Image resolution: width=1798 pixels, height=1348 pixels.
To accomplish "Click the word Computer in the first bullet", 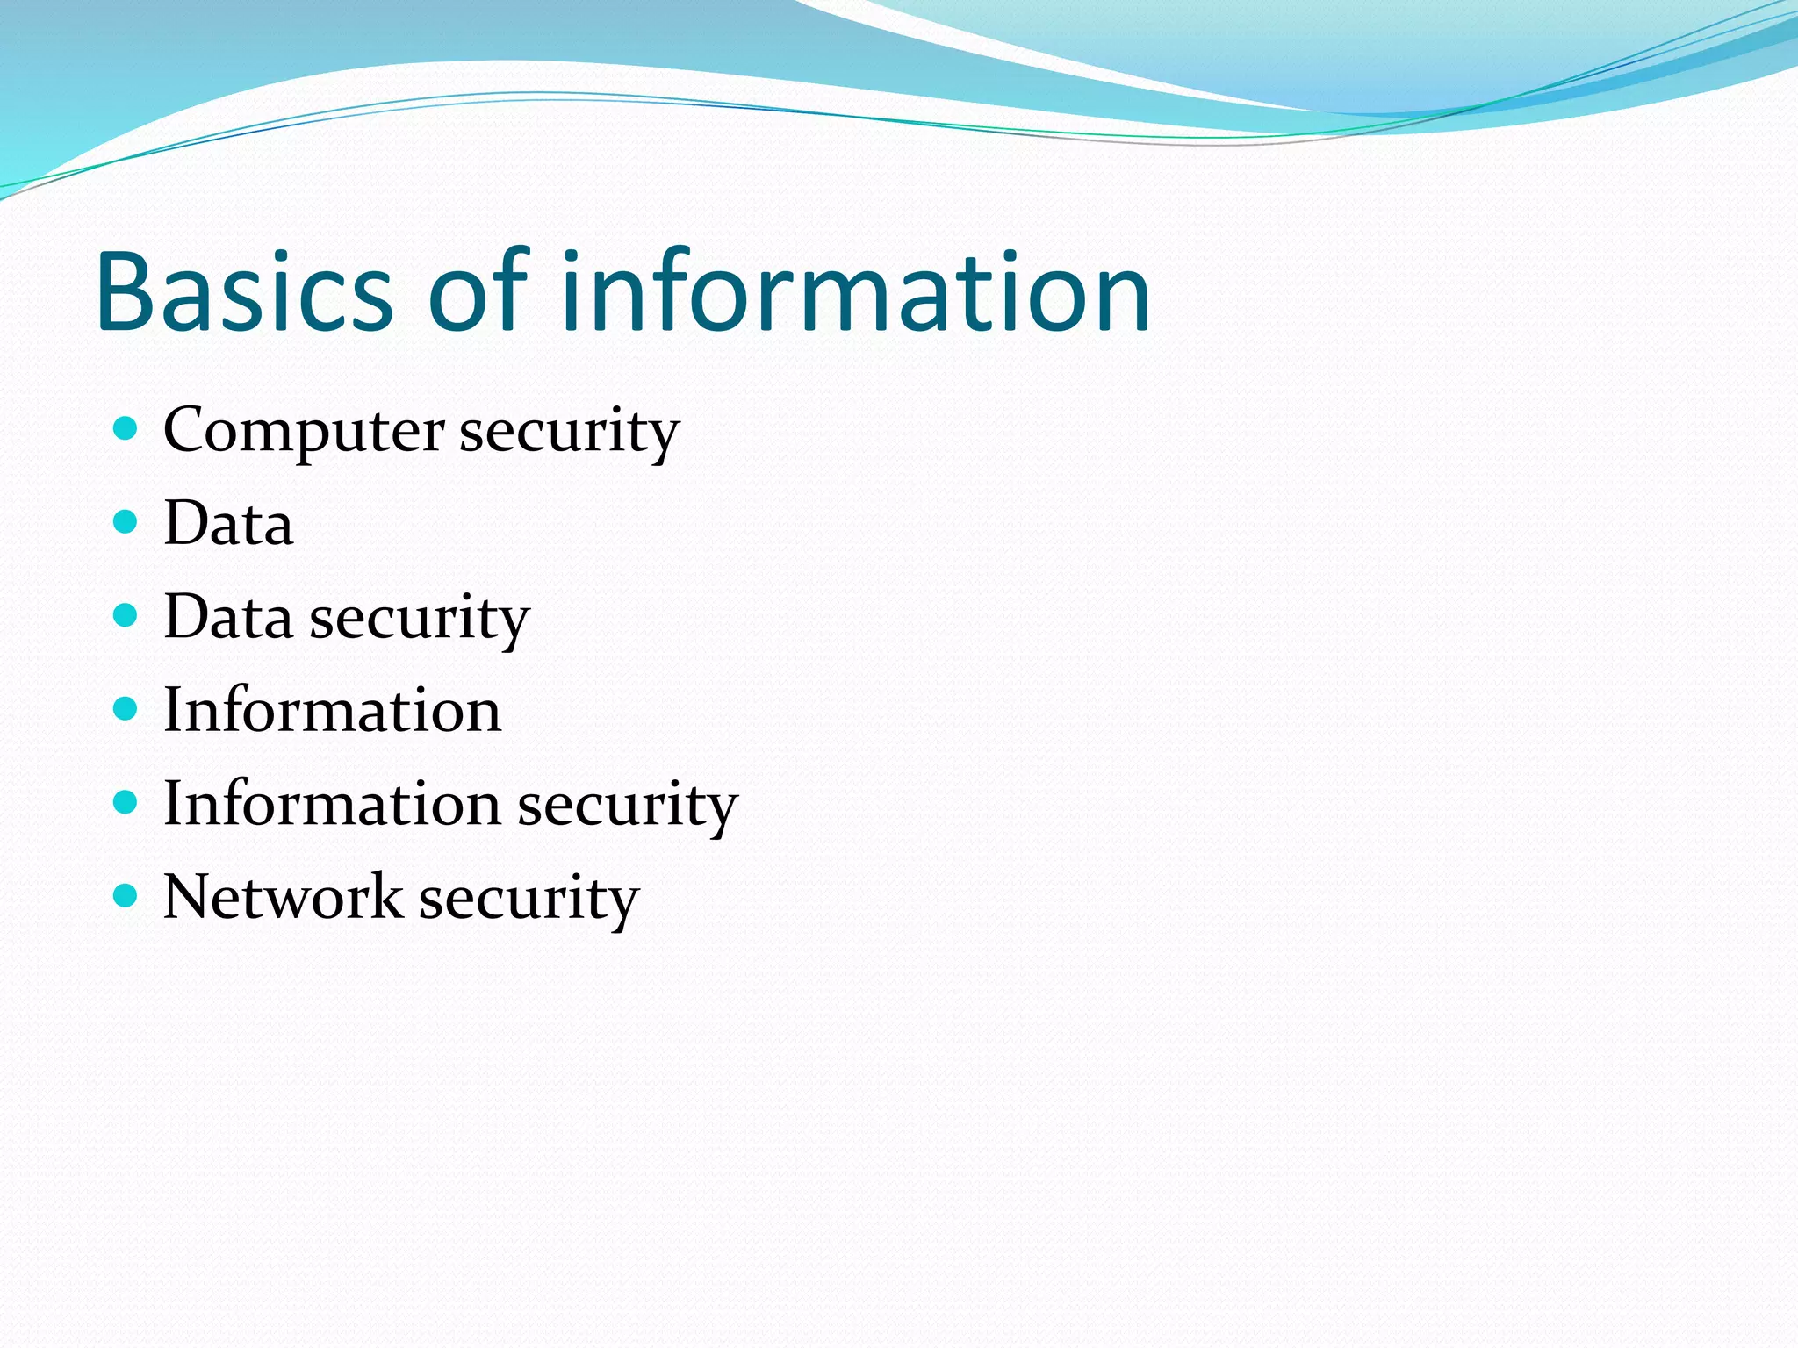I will (x=304, y=432).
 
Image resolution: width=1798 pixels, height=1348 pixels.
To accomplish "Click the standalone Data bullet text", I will (x=228, y=524).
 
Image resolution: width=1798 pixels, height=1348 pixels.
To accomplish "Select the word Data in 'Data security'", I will (x=228, y=617).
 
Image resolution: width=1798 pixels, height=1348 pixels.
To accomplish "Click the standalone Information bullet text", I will (x=332, y=710).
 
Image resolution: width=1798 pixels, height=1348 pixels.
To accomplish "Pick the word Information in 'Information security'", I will (x=332, y=804).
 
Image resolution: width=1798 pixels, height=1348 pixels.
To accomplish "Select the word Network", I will (x=283, y=897).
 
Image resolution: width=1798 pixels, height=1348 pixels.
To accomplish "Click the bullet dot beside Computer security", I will (x=126, y=428).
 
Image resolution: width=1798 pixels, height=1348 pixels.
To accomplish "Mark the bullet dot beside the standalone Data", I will (x=126, y=522).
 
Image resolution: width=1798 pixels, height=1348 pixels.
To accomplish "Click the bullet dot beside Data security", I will (x=126, y=615).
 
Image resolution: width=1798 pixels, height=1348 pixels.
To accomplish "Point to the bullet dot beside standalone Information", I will (x=126, y=709).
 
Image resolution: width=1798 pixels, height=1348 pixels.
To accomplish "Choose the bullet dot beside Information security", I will (x=126, y=802).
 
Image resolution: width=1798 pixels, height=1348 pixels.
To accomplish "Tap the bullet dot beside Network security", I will (x=126, y=896).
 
